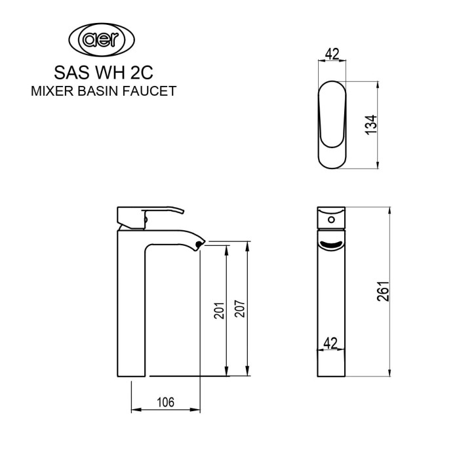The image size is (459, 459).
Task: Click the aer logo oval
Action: pos(104,41)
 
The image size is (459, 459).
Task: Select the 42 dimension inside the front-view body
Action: pos(330,342)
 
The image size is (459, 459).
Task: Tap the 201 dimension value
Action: pos(219,310)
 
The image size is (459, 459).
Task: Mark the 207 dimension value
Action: pos(240,310)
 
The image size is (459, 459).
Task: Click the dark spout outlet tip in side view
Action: pos(199,245)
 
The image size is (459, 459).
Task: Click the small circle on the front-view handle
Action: pos(331,218)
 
